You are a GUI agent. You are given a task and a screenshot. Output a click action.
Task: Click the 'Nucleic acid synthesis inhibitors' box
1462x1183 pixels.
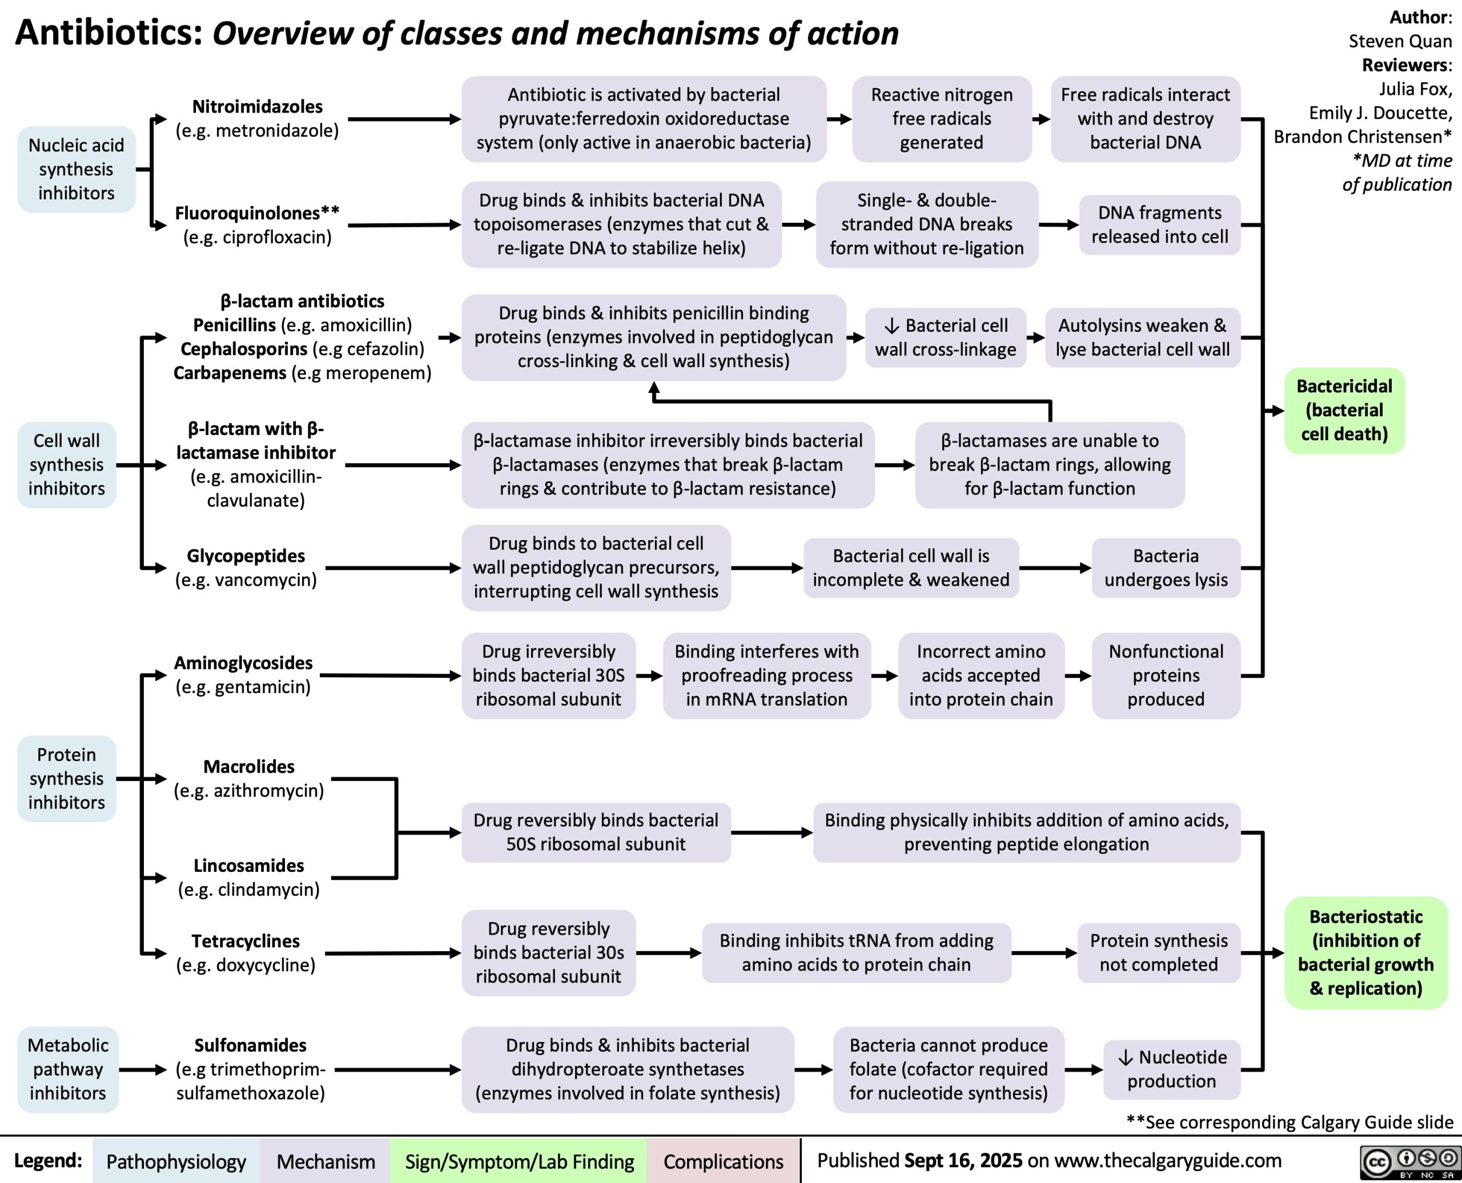(77, 169)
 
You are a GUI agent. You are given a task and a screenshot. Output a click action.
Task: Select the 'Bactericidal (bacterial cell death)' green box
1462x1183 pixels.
(1344, 411)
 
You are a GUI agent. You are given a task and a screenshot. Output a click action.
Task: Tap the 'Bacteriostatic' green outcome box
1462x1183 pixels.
(1365, 953)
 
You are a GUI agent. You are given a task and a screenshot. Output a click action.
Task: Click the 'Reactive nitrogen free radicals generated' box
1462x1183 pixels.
(941, 119)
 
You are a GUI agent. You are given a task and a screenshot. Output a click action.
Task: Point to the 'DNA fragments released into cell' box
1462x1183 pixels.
(1159, 224)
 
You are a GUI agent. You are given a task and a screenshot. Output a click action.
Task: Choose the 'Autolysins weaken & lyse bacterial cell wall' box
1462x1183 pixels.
(1142, 337)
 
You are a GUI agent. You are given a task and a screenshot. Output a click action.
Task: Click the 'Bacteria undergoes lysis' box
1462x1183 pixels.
(1166, 568)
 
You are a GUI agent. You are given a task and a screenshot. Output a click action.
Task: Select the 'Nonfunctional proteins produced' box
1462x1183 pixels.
(1166, 675)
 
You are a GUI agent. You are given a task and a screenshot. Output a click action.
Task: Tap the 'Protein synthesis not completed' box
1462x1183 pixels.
(1159, 953)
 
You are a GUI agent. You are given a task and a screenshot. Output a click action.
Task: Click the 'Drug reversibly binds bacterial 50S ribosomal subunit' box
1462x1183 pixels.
(596, 832)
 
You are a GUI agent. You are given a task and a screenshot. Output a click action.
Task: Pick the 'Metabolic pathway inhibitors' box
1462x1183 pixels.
(67, 1069)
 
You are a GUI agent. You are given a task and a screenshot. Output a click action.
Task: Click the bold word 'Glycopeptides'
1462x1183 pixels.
(246, 556)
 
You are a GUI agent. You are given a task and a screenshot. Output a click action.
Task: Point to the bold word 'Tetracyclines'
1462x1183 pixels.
(246, 940)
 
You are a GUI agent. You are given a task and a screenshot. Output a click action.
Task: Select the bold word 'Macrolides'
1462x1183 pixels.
(249, 766)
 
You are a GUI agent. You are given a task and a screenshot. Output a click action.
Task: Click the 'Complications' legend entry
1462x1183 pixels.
(723, 1161)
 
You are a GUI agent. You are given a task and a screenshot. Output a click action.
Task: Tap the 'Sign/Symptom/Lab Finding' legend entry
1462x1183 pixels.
(519, 1161)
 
